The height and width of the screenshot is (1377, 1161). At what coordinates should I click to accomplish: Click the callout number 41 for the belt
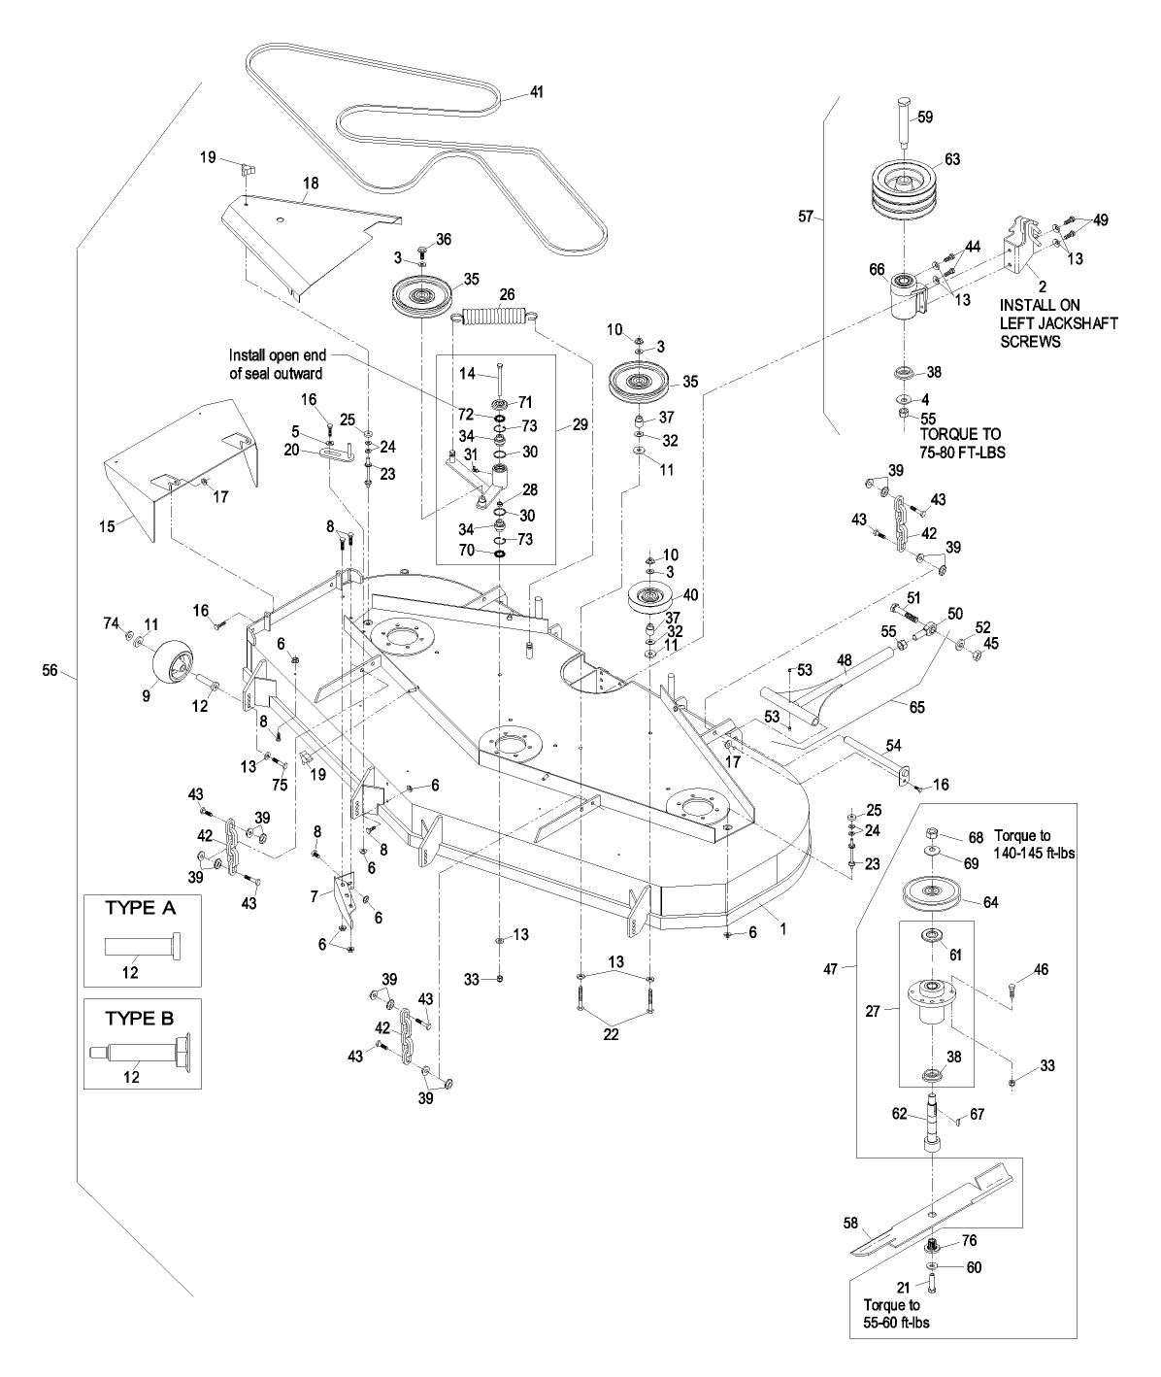point(537,93)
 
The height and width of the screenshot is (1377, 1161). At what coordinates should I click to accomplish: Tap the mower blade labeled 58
point(932,1210)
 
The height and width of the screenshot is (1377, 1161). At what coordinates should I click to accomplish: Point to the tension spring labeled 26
point(497,316)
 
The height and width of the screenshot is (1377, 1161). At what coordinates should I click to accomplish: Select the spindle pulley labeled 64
point(931,893)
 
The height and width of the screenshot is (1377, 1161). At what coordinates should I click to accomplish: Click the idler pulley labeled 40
point(655,597)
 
